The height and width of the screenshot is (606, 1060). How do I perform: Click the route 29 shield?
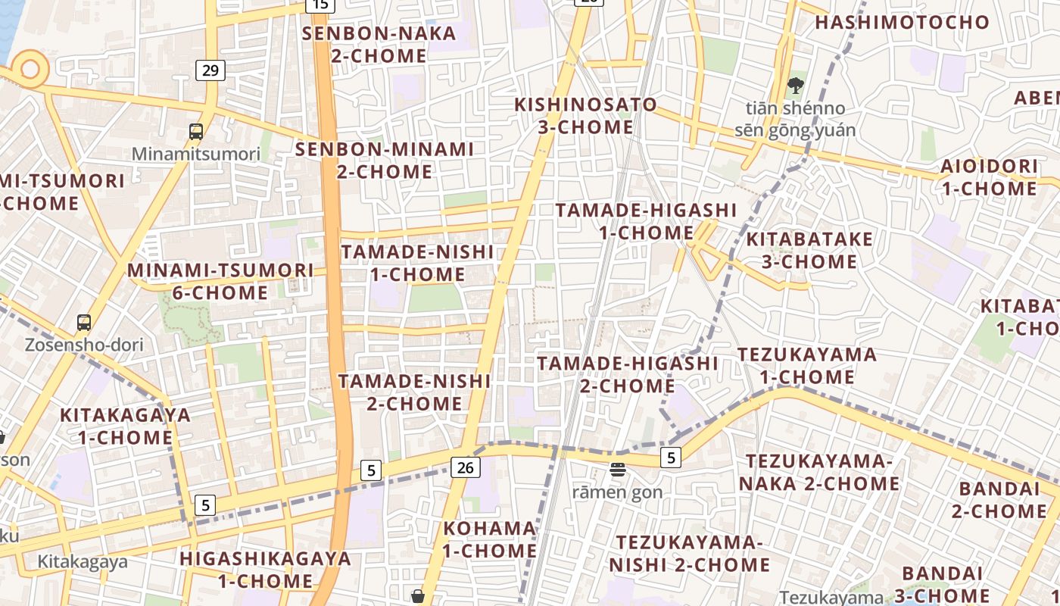click(210, 70)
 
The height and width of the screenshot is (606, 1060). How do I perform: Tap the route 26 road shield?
click(465, 467)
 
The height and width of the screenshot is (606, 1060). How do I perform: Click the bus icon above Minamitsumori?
click(196, 132)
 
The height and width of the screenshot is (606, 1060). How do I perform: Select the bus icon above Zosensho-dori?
click(84, 323)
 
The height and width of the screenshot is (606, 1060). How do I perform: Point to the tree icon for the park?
click(795, 86)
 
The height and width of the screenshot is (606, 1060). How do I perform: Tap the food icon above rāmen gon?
click(617, 470)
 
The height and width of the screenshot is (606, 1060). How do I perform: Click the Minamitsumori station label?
click(196, 154)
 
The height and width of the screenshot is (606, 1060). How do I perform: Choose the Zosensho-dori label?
click(84, 345)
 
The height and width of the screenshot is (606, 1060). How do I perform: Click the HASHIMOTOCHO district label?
click(902, 22)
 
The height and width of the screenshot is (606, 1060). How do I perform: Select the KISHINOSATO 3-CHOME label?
click(585, 115)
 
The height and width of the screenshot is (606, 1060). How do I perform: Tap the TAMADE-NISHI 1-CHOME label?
click(417, 262)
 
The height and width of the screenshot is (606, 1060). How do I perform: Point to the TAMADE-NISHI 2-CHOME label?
click(414, 392)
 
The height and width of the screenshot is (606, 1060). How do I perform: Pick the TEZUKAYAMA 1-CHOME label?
click(807, 365)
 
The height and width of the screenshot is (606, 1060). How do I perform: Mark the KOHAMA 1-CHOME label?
click(489, 539)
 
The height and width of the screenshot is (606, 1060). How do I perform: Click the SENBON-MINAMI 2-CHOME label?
click(385, 160)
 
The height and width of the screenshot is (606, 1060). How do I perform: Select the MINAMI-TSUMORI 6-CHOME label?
click(220, 281)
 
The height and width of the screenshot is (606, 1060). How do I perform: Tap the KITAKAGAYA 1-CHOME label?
click(125, 426)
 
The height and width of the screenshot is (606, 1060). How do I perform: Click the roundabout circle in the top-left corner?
click(30, 69)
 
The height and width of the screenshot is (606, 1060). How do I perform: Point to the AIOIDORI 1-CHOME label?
click(989, 177)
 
